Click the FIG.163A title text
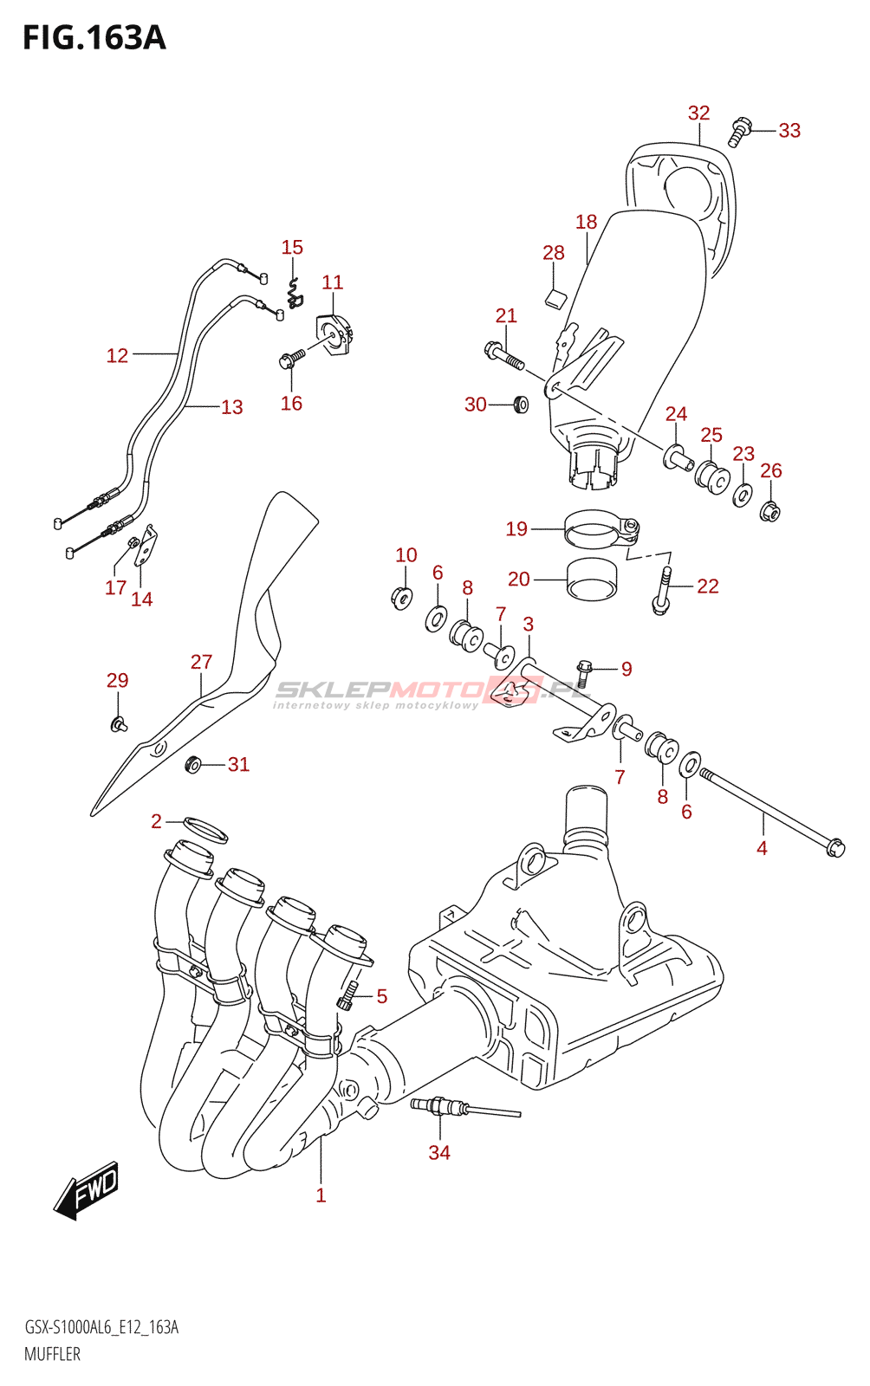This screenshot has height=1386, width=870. coord(94,38)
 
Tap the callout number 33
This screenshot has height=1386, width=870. coord(789,131)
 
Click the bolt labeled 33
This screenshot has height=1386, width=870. coord(738,132)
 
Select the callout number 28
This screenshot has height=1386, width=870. coord(553,253)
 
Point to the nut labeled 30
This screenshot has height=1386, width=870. coord(520,404)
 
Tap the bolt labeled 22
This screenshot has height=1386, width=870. coord(663,591)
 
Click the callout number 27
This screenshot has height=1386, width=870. coord(201,662)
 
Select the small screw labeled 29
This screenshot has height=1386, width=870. coord(119,722)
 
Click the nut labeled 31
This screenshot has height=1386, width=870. coord(193,764)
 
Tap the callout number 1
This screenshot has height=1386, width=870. coord(321,1195)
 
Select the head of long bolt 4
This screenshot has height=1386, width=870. coord(834,847)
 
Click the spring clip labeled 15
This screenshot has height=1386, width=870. coord(295,291)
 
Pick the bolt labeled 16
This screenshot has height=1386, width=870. coord(290,358)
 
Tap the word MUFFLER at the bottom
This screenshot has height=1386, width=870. coord(52,1354)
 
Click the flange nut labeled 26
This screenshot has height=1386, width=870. coord(769,512)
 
